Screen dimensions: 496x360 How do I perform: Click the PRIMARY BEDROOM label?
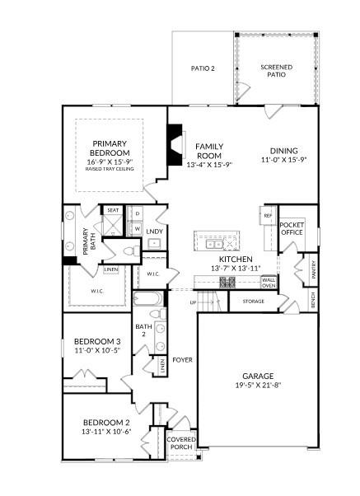pyautogui.click(x=110, y=147)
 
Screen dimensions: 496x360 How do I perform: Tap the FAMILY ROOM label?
pyautogui.click(x=209, y=151)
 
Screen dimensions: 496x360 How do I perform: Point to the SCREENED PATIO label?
pyautogui.click(x=277, y=71)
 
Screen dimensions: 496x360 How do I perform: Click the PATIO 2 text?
pyautogui.click(x=203, y=68)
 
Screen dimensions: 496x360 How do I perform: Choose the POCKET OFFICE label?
pyautogui.click(x=292, y=228)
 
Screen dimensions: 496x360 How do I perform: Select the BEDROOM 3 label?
pyautogui.click(x=96, y=341)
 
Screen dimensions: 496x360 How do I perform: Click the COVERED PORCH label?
pyautogui.click(x=181, y=443)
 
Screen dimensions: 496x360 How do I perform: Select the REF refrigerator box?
pyautogui.click(x=268, y=216)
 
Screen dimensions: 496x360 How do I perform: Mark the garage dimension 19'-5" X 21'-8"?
pyautogui.click(x=257, y=384)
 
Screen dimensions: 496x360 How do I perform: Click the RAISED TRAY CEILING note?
pyautogui.click(x=110, y=169)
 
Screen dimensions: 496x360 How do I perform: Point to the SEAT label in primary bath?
pyautogui.click(x=112, y=210)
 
